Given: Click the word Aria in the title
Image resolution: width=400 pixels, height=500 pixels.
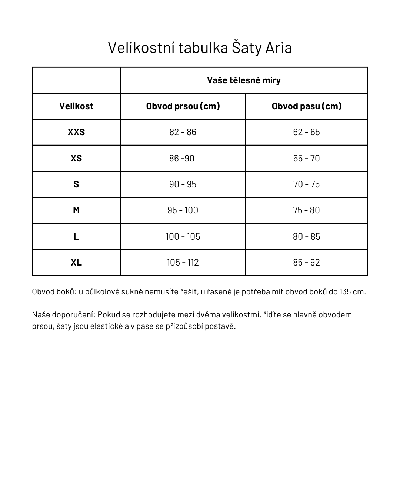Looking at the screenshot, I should click(x=279, y=48).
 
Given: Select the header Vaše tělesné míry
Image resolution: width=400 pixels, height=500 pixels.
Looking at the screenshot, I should click(x=244, y=80).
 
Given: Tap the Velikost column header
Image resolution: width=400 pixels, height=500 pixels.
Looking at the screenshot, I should click(x=76, y=106).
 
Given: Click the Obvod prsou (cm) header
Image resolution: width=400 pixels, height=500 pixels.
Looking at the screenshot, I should click(x=183, y=106).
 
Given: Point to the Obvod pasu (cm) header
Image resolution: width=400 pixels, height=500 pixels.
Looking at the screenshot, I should click(x=306, y=106).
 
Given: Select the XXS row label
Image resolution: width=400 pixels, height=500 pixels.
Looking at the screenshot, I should click(x=76, y=132).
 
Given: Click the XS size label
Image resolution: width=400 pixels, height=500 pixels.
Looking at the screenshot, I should click(x=76, y=158).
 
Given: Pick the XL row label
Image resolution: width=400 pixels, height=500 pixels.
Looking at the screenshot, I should click(x=76, y=263).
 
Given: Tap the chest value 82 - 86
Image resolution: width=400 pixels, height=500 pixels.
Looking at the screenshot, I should click(x=183, y=132).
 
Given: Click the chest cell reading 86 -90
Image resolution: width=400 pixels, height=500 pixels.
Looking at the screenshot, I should click(x=182, y=158).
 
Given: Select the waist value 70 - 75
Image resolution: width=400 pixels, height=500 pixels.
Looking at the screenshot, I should click(x=306, y=184).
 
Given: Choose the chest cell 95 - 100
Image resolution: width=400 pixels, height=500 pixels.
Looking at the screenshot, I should click(x=183, y=210).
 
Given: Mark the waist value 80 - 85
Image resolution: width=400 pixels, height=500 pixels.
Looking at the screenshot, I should click(x=306, y=236).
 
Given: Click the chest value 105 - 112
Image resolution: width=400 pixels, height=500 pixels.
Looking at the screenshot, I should click(x=183, y=263).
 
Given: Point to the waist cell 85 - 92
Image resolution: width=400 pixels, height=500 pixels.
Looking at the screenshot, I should click(x=306, y=263).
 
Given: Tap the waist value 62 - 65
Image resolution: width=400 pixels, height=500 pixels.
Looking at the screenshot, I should click(x=306, y=132).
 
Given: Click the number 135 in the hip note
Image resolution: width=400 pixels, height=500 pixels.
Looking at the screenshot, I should click(x=345, y=292).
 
